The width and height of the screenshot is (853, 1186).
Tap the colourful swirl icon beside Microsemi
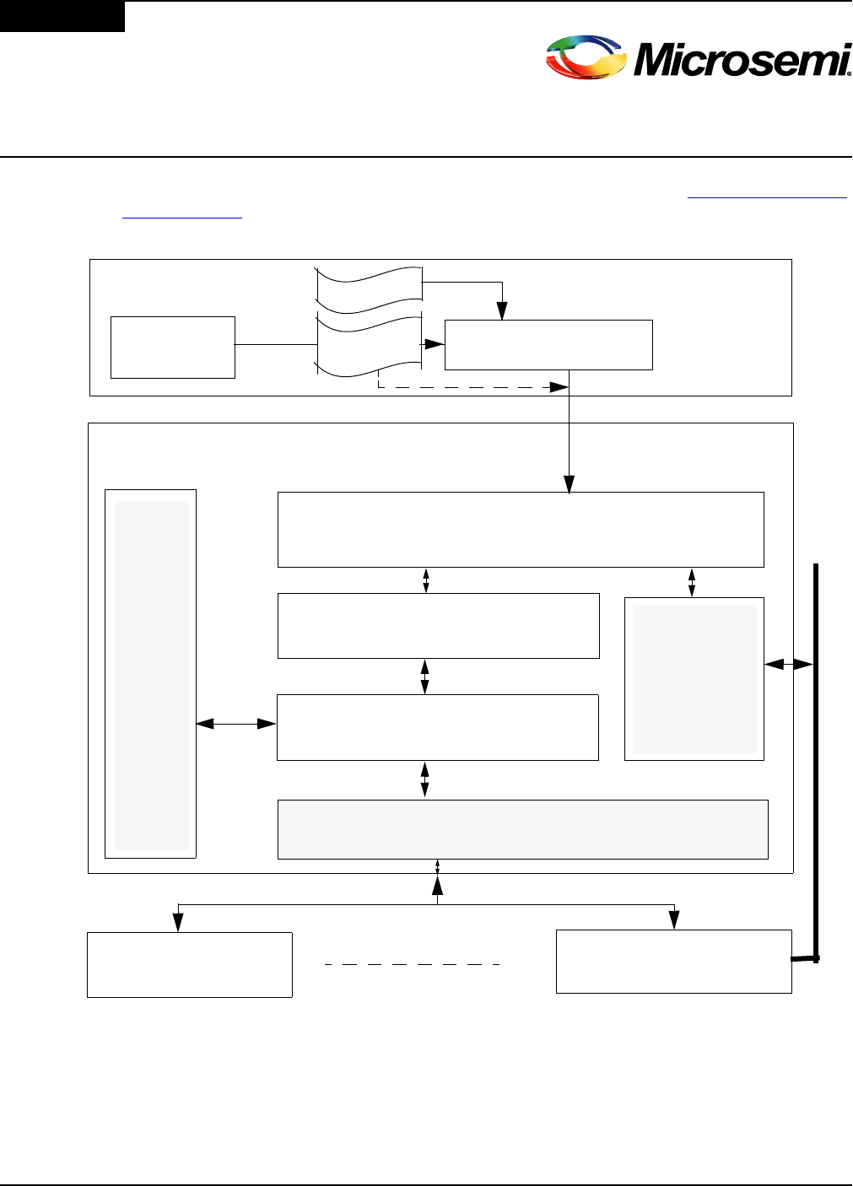(586, 58)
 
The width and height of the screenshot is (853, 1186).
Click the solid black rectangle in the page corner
(62, 16)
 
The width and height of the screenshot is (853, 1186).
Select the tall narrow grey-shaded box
(151, 674)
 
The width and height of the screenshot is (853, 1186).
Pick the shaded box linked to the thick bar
(694, 679)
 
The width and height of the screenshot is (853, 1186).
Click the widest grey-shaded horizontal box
(523, 829)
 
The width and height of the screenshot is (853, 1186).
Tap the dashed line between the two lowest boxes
(413, 963)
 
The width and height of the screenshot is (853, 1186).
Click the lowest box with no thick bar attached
(190, 965)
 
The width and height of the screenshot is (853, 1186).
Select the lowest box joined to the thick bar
(673, 962)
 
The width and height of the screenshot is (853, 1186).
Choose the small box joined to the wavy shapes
(173, 348)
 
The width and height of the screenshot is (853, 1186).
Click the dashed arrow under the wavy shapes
(472, 387)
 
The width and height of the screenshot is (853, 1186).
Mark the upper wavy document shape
(369, 282)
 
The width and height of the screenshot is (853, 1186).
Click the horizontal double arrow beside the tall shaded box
(236, 724)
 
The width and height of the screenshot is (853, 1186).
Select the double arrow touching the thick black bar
(789, 665)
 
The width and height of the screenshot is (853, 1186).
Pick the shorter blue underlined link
(182, 217)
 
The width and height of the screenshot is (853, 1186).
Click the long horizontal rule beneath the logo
(426, 157)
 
